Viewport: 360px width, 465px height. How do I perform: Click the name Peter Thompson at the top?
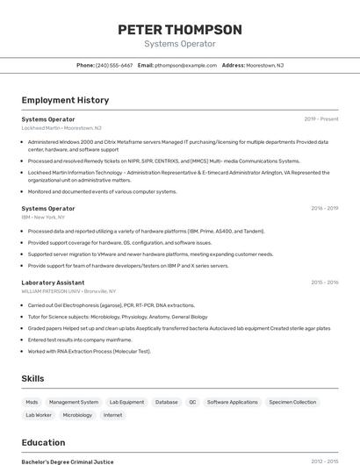click(179, 30)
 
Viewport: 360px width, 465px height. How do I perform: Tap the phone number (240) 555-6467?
click(114, 65)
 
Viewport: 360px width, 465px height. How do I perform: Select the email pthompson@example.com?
click(185, 65)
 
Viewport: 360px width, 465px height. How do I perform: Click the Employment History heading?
click(65, 100)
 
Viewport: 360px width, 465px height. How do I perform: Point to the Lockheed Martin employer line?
click(61, 127)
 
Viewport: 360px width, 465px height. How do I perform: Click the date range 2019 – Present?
click(320, 119)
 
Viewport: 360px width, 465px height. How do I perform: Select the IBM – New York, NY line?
click(43, 217)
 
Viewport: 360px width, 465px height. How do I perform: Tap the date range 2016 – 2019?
click(324, 209)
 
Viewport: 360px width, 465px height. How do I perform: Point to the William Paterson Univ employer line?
click(68, 290)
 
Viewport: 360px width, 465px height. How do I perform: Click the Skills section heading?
click(33, 378)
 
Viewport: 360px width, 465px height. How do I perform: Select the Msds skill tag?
click(32, 402)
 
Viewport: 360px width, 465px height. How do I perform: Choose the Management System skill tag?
click(74, 402)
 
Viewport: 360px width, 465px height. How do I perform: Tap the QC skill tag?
click(192, 402)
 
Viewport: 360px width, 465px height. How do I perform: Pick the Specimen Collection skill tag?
click(292, 402)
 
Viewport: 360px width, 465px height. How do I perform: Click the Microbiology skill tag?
click(77, 415)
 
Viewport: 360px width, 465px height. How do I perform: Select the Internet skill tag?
click(112, 415)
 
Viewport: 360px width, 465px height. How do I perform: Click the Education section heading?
click(43, 442)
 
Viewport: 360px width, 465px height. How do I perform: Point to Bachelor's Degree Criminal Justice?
click(68, 461)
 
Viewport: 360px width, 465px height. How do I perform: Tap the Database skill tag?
click(166, 402)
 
